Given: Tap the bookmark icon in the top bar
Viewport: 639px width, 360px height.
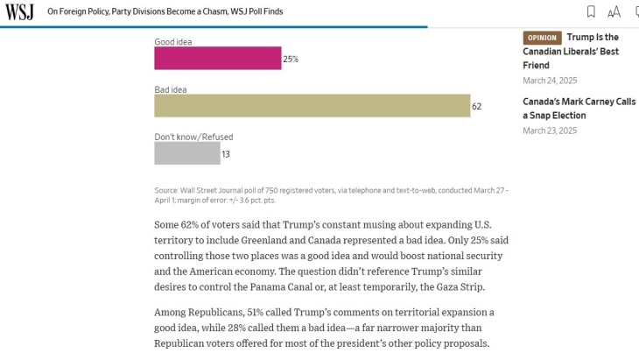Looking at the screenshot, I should click(x=591, y=11).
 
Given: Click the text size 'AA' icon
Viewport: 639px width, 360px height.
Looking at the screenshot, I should click(x=614, y=11).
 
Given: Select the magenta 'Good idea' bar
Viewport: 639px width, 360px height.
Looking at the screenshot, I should click(x=218, y=59).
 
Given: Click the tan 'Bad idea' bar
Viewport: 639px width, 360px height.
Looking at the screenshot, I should click(x=312, y=106).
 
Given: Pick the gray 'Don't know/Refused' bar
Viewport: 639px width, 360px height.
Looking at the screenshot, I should click(x=187, y=153).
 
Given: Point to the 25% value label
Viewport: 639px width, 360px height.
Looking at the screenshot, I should click(x=291, y=60).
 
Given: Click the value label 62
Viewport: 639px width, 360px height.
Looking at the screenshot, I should click(x=477, y=107).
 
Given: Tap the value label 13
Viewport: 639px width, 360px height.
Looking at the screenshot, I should click(x=226, y=154).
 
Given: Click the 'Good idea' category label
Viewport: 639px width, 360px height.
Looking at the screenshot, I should click(x=172, y=41).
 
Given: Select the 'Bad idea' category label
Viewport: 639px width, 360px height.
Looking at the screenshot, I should click(x=171, y=89).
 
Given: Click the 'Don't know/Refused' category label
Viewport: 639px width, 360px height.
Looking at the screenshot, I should click(x=193, y=137).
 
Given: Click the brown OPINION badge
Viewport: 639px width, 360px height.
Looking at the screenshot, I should click(x=542, y=38).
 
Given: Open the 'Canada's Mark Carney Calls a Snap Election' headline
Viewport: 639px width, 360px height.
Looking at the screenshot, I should click(x=579, y=109).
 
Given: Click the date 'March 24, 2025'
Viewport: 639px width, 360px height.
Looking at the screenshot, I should click(x=550, y=81).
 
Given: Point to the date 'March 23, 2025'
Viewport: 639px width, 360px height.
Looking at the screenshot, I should click(x=550, y=131).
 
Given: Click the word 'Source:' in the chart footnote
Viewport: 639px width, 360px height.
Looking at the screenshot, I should click(x=166, y=190).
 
